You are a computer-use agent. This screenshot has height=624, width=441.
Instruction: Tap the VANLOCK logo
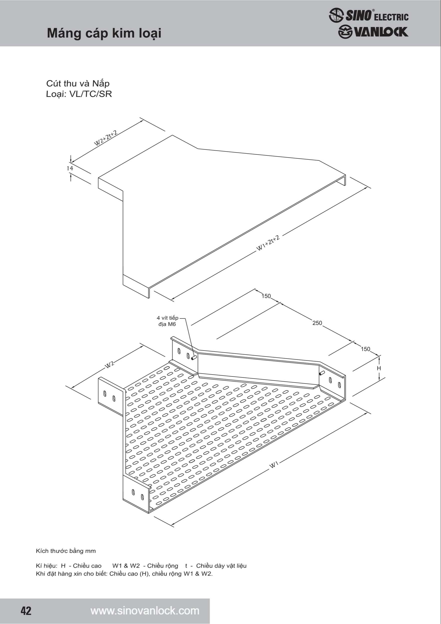pos(373,32)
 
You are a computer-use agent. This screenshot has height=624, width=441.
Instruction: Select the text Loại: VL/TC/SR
pos(79,94)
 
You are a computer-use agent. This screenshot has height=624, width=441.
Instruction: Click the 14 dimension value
pos(70,168)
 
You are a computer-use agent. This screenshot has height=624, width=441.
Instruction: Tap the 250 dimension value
pos(317,323)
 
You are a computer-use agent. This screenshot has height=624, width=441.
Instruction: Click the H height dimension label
pos(379,368)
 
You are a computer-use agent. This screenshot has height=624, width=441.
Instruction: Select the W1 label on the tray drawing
pos(274,465)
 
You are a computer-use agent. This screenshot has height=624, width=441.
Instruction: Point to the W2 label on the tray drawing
pos(110,365)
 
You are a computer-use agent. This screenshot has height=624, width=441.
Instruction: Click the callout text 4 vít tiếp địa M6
pos(167,321)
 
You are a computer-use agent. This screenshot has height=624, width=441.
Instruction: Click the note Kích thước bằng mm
pos(66,551)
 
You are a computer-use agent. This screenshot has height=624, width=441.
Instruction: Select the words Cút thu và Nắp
pos(78,83)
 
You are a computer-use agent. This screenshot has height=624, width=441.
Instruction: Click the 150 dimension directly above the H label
pos(365,349)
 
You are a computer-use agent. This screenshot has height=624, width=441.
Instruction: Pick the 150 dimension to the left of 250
pos(266,296)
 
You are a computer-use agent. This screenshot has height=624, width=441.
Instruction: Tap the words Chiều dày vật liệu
pos(221,566)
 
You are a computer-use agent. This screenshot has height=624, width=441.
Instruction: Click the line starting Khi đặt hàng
pos(124,574)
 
